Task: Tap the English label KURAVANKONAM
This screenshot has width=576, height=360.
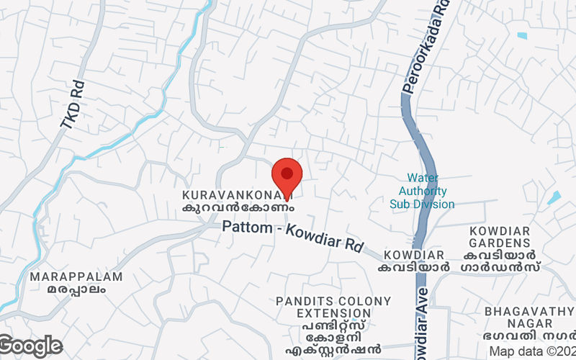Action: (237, 195)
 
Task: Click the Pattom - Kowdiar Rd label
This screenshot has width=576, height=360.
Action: (292, 235)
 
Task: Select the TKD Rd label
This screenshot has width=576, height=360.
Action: (73, 105)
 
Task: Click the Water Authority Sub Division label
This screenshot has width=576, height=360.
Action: (423, 191)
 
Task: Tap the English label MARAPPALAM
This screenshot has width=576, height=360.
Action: (76, 276)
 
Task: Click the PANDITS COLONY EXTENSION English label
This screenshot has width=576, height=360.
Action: (335, 307)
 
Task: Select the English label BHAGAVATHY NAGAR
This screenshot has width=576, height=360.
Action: (529, 318)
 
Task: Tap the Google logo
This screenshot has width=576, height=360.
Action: (31, 346)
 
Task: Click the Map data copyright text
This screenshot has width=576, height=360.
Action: (531, 351)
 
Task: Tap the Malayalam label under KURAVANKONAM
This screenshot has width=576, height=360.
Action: (238, 207)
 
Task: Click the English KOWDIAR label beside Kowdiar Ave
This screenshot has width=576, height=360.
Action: (413, 256)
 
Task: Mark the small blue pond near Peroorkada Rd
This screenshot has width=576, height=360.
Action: (522, 35)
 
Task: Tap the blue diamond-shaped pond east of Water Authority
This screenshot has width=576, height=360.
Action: (554, 197)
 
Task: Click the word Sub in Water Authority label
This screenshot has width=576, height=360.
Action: (400, 204)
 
